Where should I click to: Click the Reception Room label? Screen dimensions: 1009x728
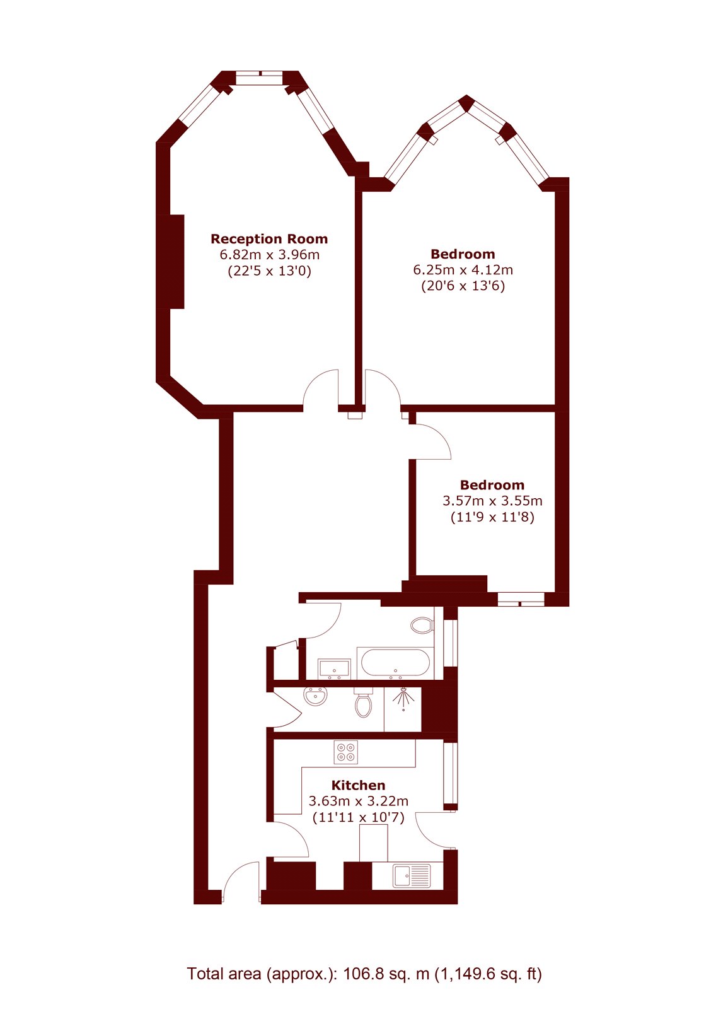[x=269, y=239]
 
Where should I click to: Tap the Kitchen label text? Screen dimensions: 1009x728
[x=358, y=785]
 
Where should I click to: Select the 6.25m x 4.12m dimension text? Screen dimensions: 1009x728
[x=463, y=270]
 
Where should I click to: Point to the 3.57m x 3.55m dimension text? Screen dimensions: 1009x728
[x=492, y=501]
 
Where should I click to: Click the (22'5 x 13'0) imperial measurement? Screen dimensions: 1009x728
[x=269, y=271]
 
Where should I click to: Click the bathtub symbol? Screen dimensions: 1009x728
[x=395, y=663]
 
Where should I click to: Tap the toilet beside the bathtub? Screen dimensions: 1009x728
[x=422, y=626]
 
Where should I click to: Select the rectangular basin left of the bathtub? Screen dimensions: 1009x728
[x=335, y=667]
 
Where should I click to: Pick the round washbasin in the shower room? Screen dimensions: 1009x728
[x=316, y=696]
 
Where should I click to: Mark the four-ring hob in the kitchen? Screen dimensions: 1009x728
[x=346, y=752]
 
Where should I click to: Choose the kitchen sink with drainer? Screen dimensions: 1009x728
[x=411, y=875]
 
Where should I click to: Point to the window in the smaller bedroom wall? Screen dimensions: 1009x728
[x=521, y=599]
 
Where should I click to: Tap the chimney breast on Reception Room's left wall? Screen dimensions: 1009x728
[x=176, y=261]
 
